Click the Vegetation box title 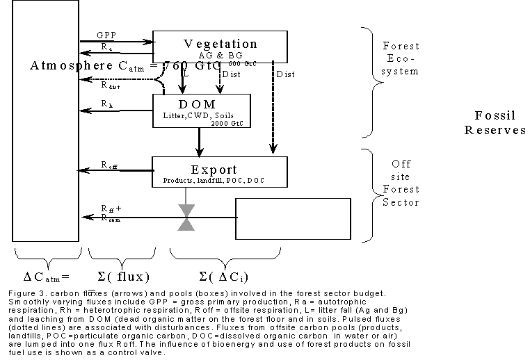point(220,44)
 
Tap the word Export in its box point(214,169)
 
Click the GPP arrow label point(107,34)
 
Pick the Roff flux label point(109,165)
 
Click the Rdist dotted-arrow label point(110,86)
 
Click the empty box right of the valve point(293,218)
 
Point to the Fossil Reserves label point(495,122)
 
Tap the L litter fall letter point(186,73)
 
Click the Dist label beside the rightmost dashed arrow point(285,73)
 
